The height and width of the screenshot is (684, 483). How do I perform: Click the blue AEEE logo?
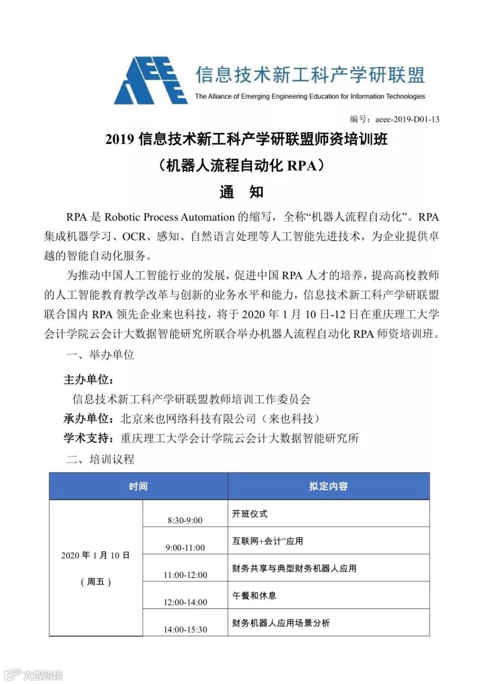(x=151, y=81)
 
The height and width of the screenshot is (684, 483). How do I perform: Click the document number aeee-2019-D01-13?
(x=394, y=119)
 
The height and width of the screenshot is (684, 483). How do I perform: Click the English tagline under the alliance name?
(x=310, y=96)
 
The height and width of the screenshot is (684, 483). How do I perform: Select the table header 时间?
(x=138, y=486)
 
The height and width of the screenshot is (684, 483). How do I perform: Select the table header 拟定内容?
(x=328, y=486)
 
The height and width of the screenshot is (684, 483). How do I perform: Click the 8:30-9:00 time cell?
(x=185, y=520)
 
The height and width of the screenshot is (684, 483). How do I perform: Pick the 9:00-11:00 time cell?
(x=185, y=548)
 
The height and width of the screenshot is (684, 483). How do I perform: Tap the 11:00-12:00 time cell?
(x=185, y=575)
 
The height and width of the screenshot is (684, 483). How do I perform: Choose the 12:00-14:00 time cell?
(x=185, y=602)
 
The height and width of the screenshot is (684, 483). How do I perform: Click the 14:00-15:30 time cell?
(x=185, y=629)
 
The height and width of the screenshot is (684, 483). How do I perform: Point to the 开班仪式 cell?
(x=250, y=514)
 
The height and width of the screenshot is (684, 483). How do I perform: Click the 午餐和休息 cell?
(x=254, y=596)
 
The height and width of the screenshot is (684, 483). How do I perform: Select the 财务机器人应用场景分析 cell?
(x=280, y=623)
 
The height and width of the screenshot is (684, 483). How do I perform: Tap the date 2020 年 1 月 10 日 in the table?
(x=95, y=556)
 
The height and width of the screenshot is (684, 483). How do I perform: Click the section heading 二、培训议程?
(x=100, y=459)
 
